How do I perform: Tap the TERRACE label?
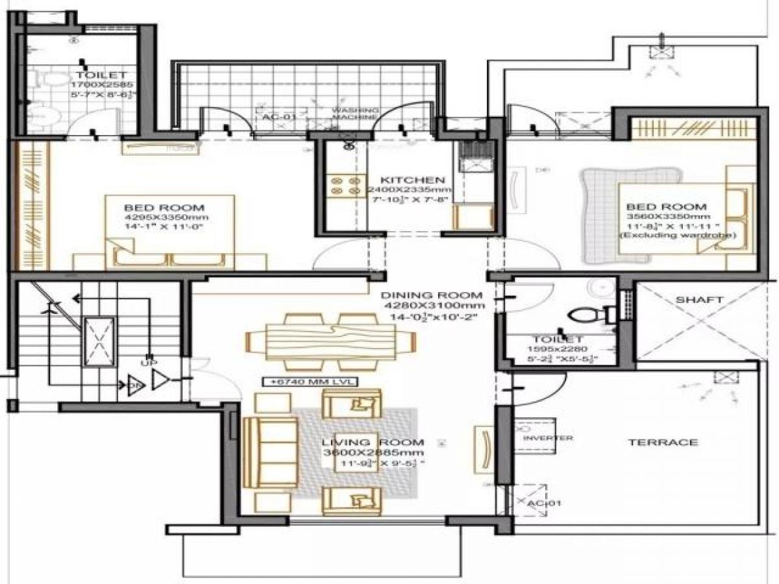coord(663,443)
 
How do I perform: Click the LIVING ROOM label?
coord(373,442)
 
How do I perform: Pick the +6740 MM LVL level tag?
coord(309,382)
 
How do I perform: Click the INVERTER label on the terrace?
coord(547,438)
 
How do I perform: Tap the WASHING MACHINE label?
coord(354,114)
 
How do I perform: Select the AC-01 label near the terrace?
coord(544,503)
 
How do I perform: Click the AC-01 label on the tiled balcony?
coord(278,117)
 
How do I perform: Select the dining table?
coord(331,341)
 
